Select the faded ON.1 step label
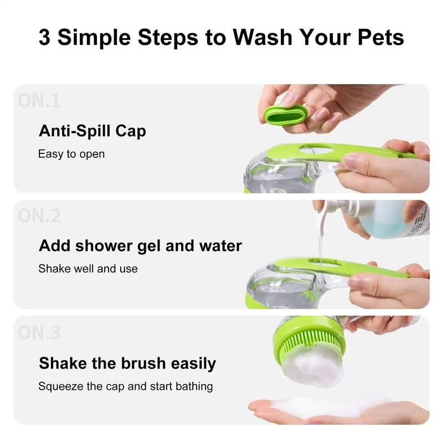point(39,101)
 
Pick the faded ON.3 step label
point(39,333)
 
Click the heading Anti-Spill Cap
point(92,131)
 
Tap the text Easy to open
point(71,154)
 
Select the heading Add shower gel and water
point(140,246)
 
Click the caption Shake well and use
point(87,269)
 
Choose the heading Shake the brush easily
point(127,363)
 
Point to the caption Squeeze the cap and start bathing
point(125,386)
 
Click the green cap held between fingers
point(285,114)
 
